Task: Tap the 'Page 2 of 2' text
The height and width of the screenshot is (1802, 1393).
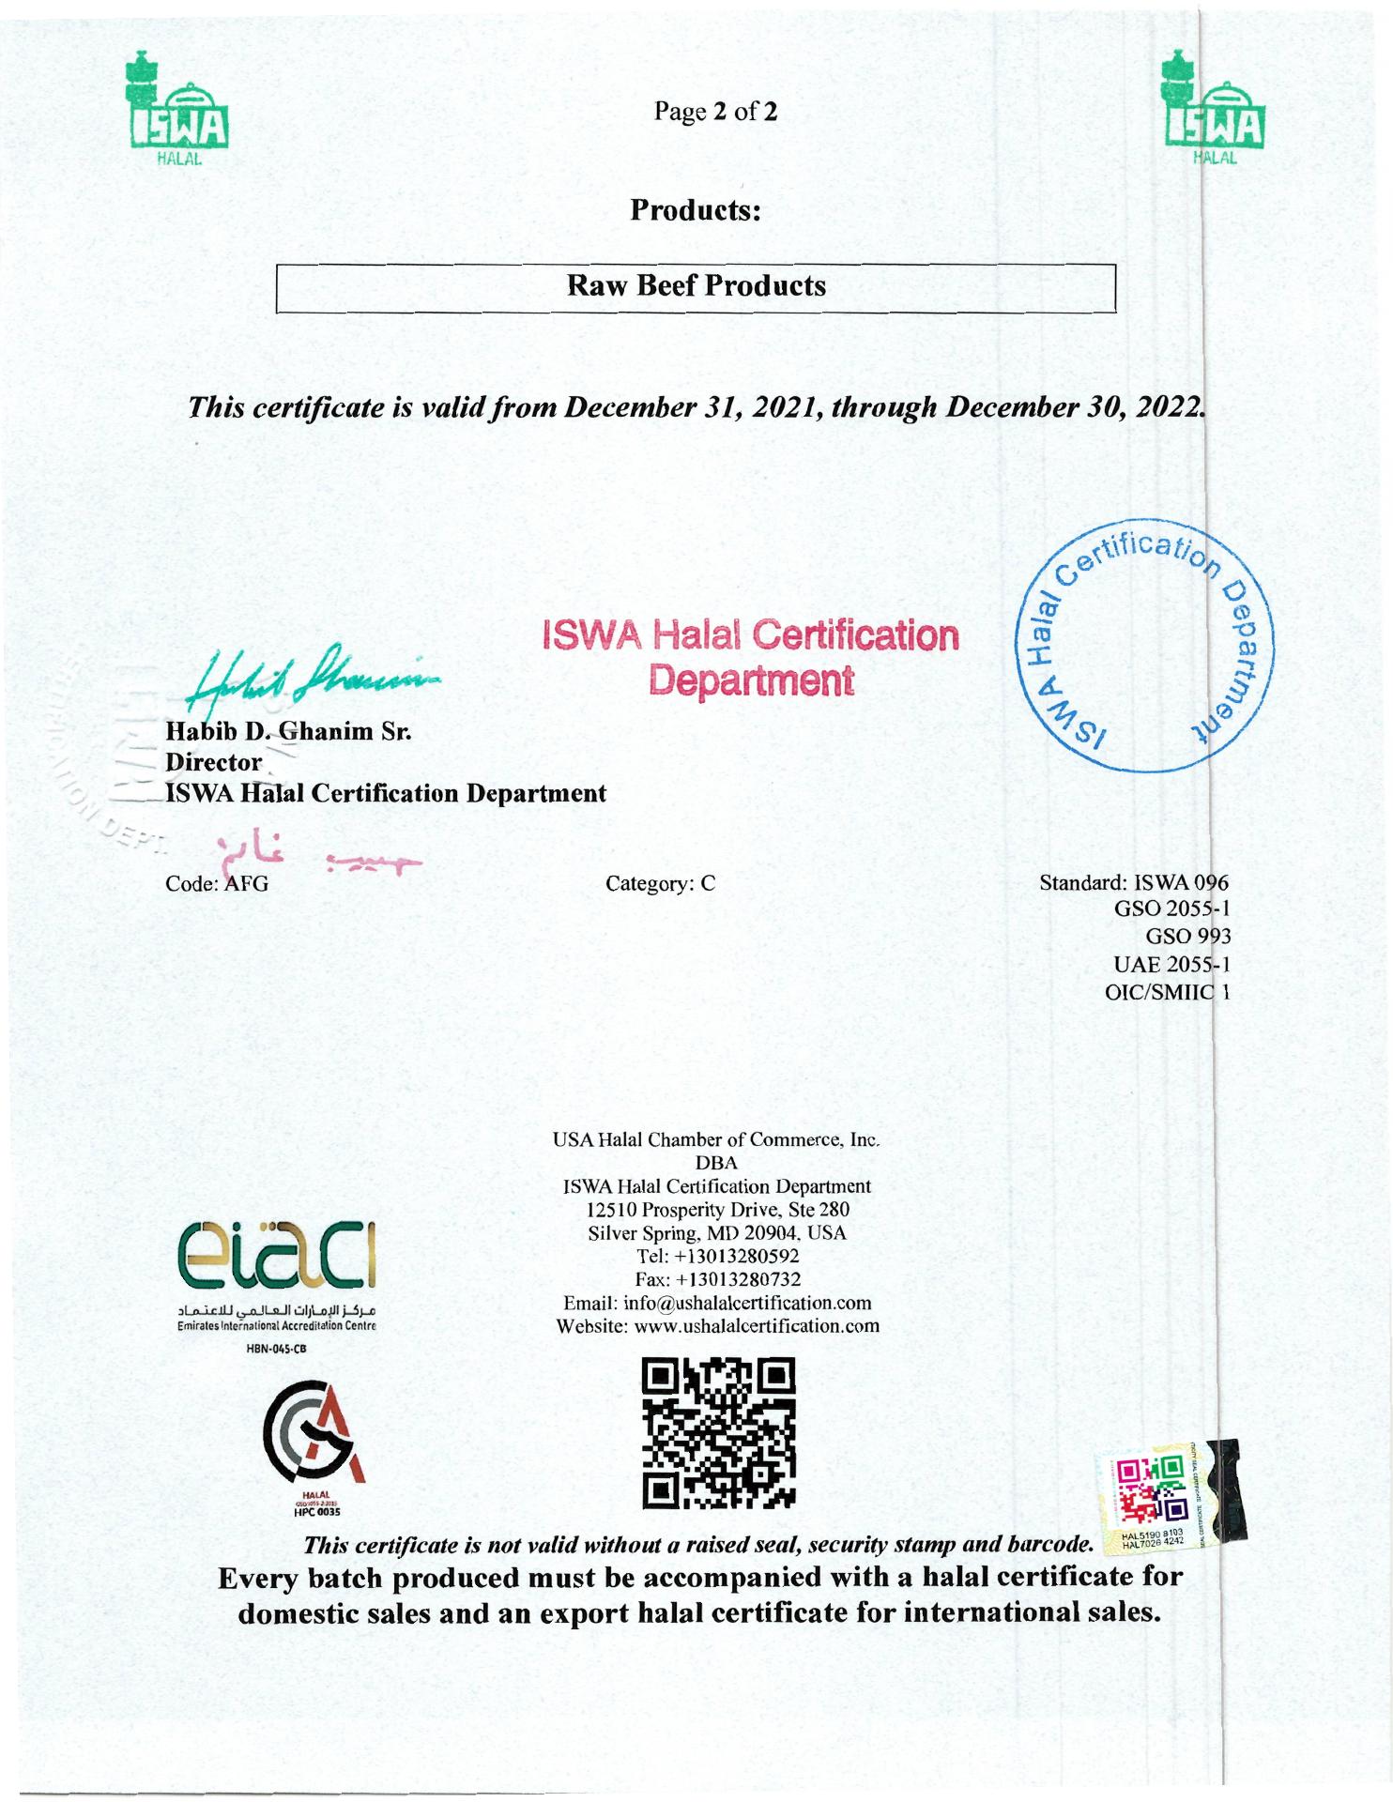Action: pyautogui.click(x=716, y=113)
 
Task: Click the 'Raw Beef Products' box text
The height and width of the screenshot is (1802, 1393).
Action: pyautogui.click(x=696, y=285)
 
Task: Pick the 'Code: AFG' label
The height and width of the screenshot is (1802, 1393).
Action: pyautogui.click(x=217, y=884)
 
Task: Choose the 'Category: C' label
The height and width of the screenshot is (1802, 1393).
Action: pyautogui.click(x=661, y=883)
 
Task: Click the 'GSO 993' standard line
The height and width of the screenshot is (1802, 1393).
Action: pyautogui.click(x=1187, y=936)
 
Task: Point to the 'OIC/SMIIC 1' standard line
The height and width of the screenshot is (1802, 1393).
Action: pyautogui.click(x=1167, y=991)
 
